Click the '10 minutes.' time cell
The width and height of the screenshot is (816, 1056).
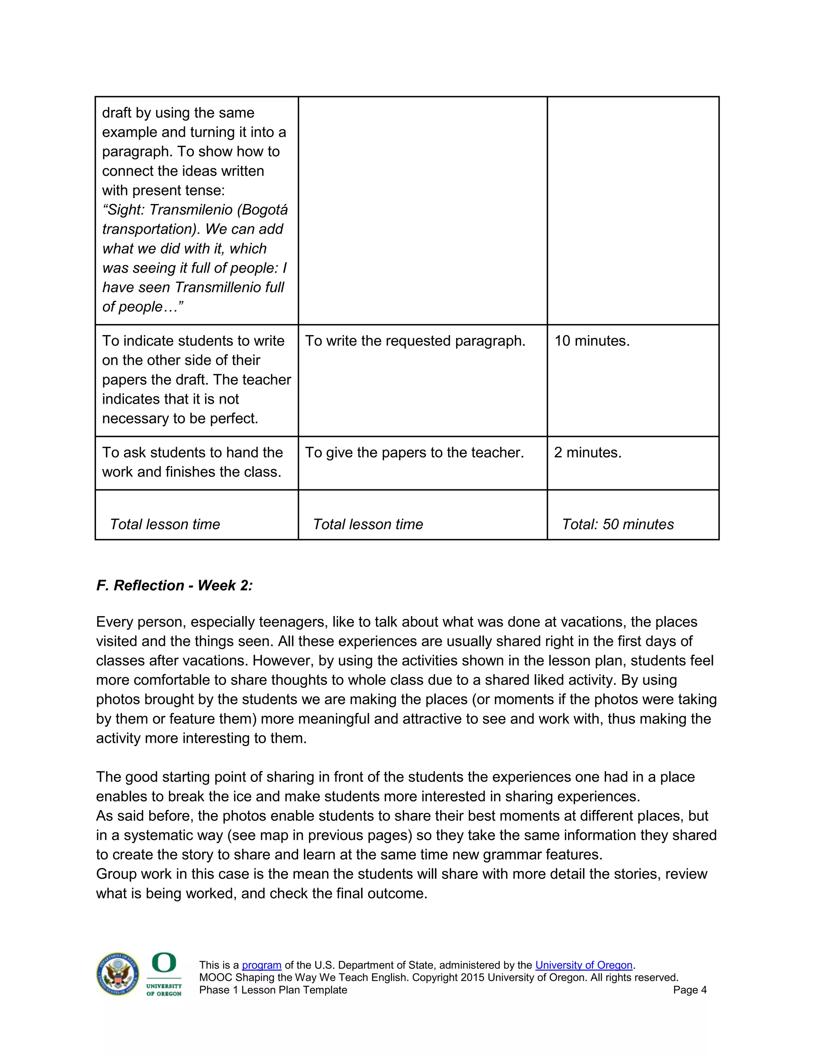[592, 341]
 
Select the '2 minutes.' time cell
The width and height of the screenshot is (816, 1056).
[587, 453]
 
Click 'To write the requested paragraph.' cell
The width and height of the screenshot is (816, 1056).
[415, 341]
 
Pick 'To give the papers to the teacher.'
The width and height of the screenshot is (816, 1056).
[414, 453]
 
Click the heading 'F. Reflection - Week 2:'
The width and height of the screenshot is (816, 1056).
[174, 585]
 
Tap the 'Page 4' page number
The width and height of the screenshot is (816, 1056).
[689, 990]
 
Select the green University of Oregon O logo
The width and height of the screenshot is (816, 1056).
[164, 963]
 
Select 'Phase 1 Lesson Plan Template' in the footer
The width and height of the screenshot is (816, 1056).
[273, 990]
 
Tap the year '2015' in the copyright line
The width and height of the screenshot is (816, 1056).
[472, 977]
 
